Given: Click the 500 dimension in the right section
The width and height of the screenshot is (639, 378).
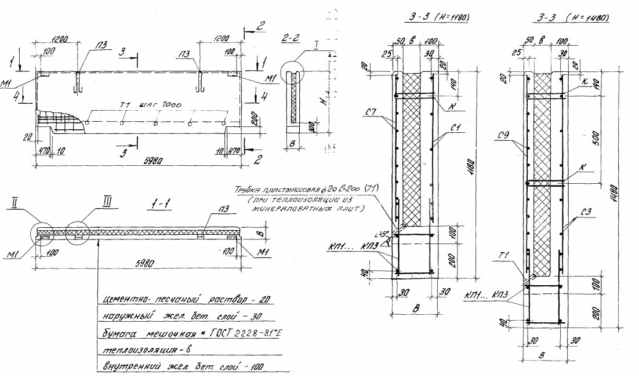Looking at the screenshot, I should [x=596, y=139].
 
